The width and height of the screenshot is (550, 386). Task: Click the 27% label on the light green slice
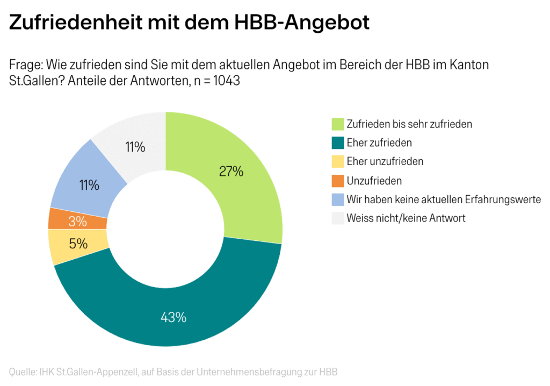tap(231, 171)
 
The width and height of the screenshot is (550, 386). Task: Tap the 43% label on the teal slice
tap(173, 317)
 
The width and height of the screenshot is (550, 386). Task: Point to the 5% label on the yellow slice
tap(78, 244)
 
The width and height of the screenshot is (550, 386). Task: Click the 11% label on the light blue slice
tap(89, 185)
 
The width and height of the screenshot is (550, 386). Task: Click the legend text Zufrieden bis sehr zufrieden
tap(409, 124)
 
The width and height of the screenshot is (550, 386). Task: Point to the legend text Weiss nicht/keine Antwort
tap(406, 218)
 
